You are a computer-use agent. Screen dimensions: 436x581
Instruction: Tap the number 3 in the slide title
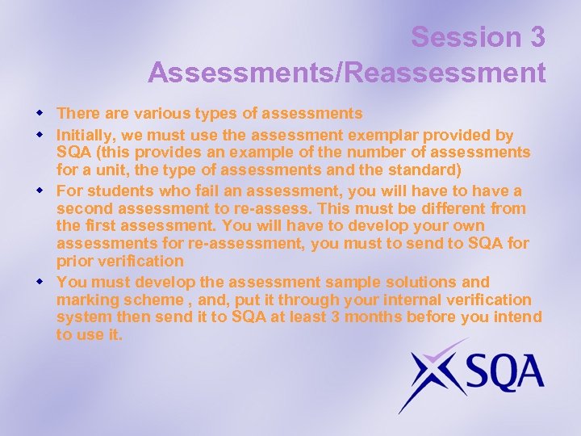click(x=537, y=37)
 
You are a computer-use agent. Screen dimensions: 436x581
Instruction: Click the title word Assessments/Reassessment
click(x=347, y=73)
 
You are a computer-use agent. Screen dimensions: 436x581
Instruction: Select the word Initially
click(x=85, y=135)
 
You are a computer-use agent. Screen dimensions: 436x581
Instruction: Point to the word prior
click(x=73, y=261)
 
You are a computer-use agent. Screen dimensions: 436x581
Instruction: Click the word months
click(x=370, y=317)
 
